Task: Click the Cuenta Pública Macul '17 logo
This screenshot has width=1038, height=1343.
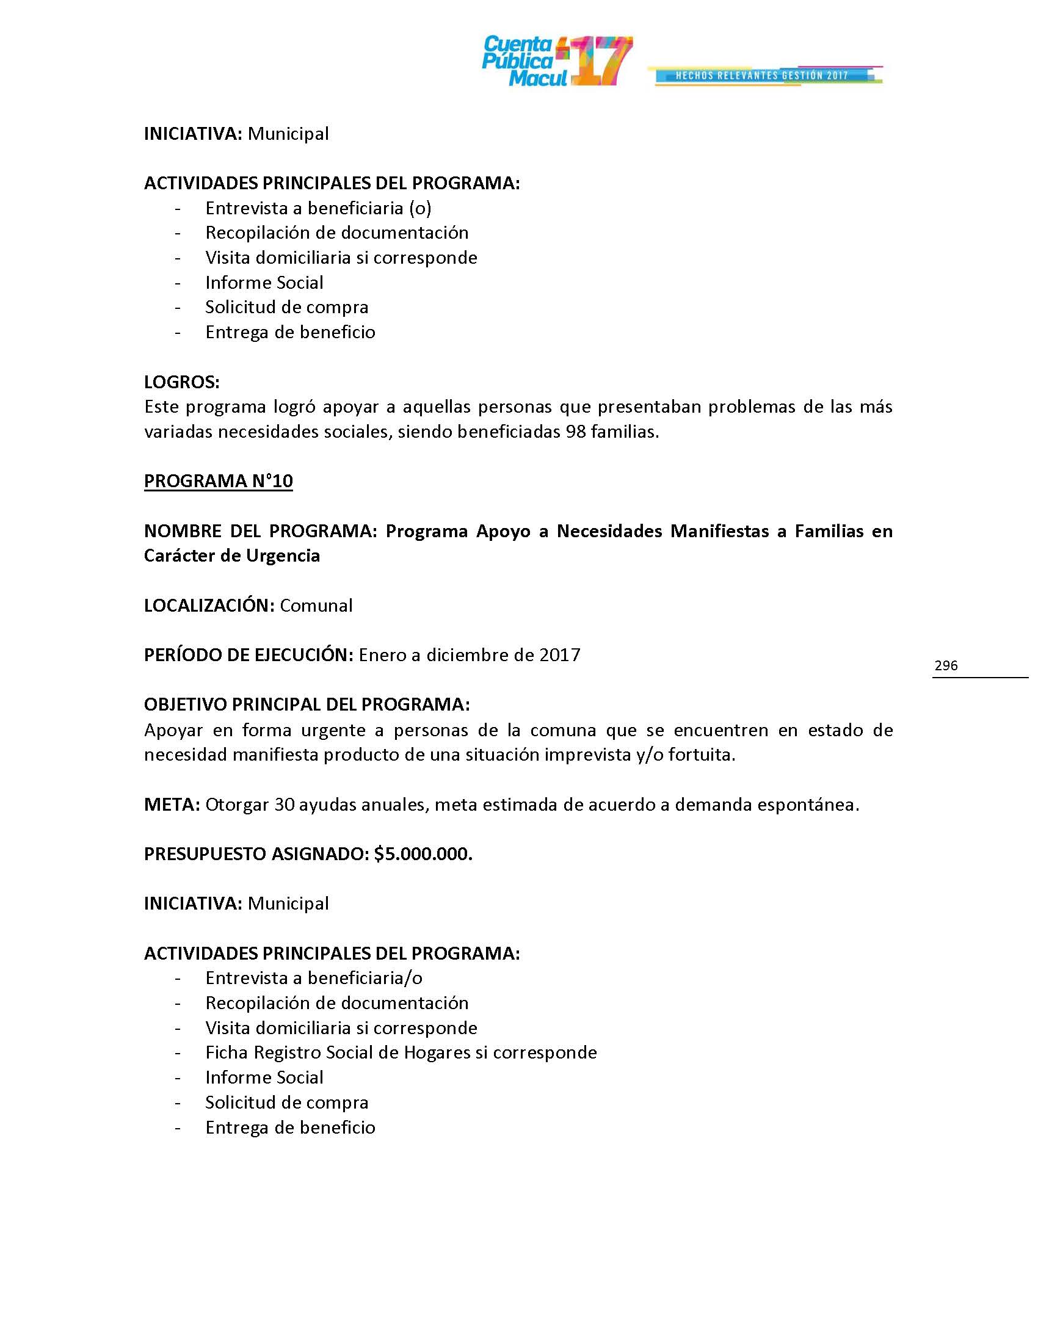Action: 556,61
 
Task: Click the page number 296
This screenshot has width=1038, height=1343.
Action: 946,665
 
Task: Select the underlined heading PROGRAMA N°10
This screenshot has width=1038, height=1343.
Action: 219,481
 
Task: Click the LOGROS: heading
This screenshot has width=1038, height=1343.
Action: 181,382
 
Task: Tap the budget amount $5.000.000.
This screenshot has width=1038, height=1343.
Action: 423,853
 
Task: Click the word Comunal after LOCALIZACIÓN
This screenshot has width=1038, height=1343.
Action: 316,605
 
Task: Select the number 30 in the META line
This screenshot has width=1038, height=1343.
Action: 284,805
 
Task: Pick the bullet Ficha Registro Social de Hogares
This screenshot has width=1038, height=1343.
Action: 401,1052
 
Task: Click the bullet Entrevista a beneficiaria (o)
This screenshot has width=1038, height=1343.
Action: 318,208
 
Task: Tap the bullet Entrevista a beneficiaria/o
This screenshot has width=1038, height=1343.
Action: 314,978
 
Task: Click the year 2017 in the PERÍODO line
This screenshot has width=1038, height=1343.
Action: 559,655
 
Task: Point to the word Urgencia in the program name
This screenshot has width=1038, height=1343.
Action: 283,556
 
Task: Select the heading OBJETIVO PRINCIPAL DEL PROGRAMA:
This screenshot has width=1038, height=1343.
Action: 307,704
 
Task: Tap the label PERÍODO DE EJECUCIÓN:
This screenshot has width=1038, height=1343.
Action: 249,655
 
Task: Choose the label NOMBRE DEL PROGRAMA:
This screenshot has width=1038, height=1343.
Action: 260,530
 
